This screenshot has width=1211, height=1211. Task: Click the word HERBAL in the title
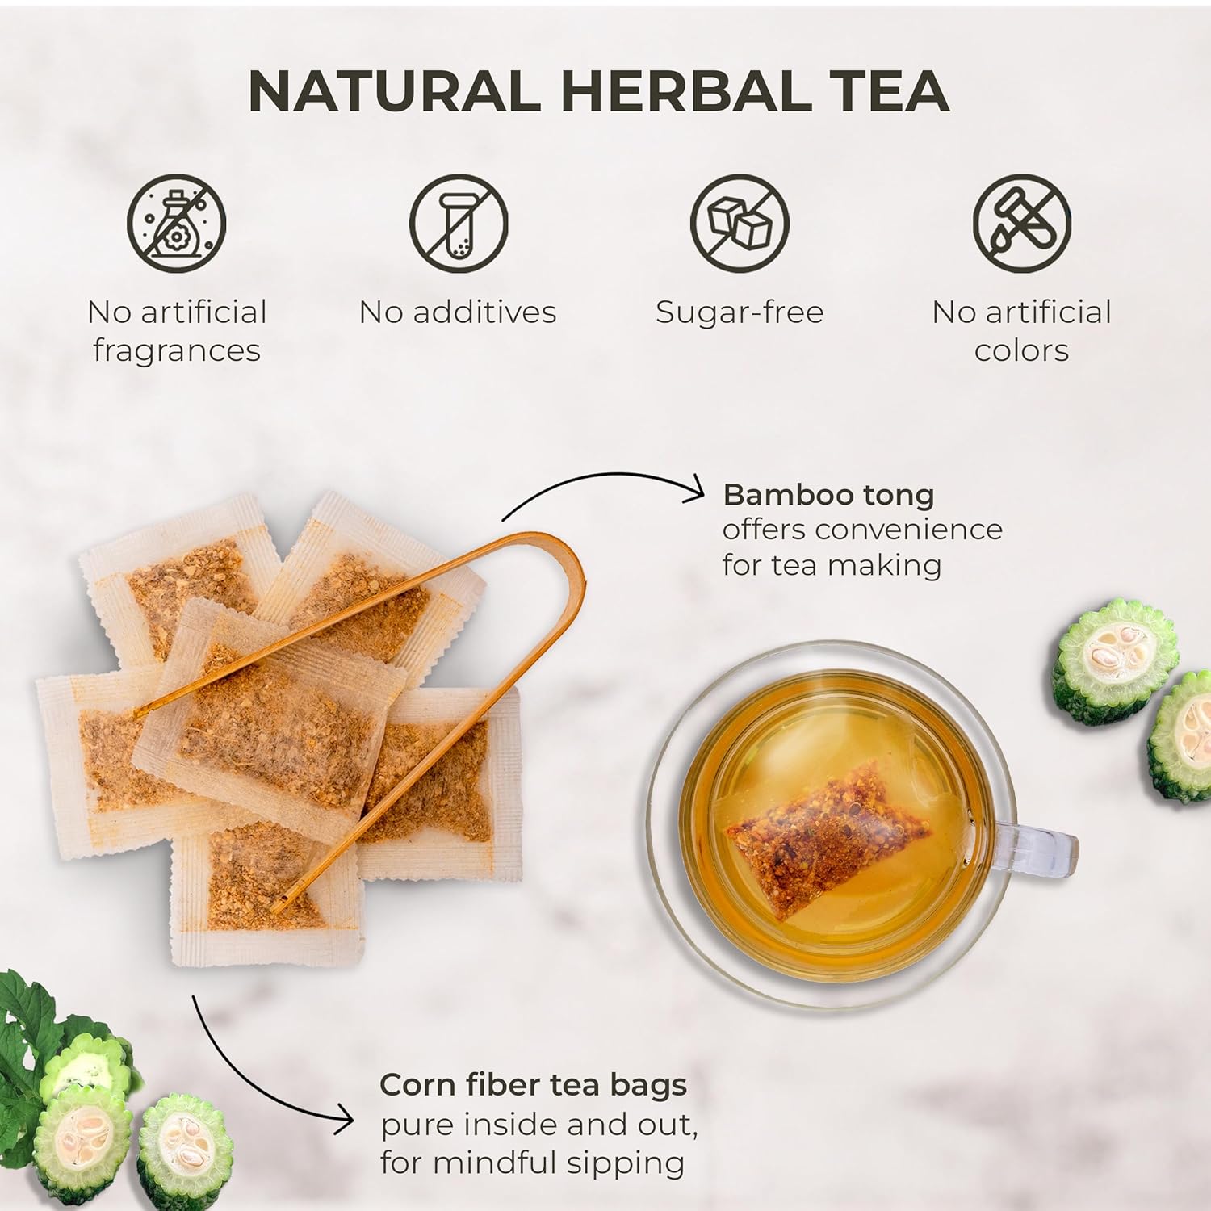point(685,90)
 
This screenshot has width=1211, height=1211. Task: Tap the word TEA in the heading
point(893,90)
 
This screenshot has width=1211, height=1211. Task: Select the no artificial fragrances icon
point(176,223)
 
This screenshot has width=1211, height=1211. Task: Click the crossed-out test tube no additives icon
point(458,223)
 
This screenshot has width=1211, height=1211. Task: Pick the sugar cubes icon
point(740,223)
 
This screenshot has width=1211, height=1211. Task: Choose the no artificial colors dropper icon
point(1021,223)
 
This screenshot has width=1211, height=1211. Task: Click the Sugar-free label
point(740,312)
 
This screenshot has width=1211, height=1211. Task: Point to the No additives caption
point(458,312)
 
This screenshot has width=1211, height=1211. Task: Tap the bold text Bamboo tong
point(828,494)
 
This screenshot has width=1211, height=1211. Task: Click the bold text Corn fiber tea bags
point(533,1084)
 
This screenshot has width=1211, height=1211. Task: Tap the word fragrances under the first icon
point(176,351)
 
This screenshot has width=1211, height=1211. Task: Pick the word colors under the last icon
point(1021,351)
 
